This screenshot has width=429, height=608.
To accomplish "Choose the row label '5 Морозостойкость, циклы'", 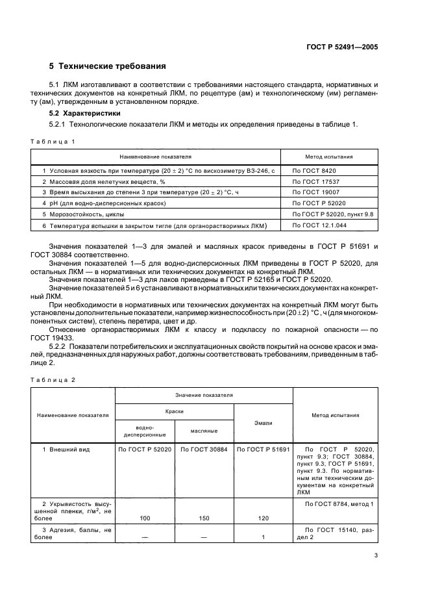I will pyautogui.click(x=83, y=214).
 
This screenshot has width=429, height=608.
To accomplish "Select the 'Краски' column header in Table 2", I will pyautogui.click(x=174, y=411).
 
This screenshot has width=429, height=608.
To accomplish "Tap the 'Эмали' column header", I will pyautogui.click(x=263, y=422).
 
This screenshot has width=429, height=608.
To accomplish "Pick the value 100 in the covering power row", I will pyautogui.click(x=145, y=518).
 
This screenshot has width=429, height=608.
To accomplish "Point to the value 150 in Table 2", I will pyautogui.click(x=203, y=518).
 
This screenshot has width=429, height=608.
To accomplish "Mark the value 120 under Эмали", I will pyautogui.click(x=263, y=518).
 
